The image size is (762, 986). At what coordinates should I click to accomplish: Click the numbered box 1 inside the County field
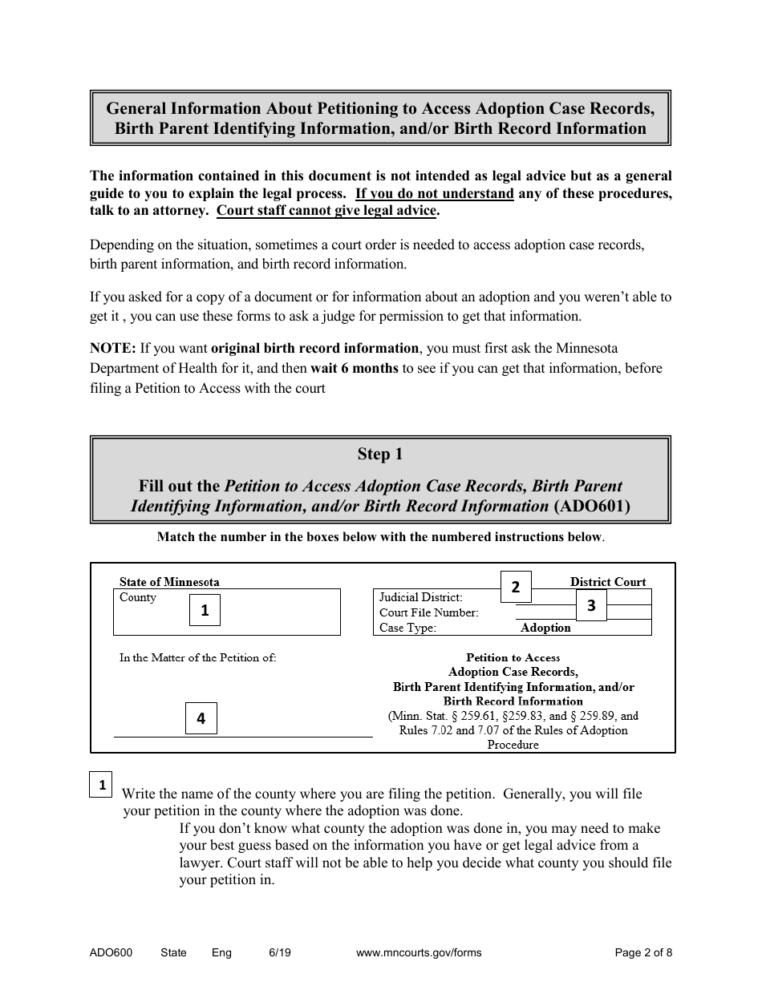(x=205, y=610)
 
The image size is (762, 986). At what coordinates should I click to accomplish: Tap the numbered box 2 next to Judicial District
(x=516, y=587)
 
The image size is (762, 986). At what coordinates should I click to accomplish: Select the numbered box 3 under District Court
(x=591, y=605)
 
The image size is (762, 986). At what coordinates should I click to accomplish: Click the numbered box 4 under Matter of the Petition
(x=201, y=718)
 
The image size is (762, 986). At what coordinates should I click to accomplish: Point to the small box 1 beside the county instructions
(x=102, y=786)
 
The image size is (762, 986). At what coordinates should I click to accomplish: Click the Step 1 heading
(x=380, y=455)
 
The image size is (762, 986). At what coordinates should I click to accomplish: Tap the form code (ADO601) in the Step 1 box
(x=592, y=506)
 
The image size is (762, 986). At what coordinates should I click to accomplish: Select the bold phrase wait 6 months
(x=354, y=369)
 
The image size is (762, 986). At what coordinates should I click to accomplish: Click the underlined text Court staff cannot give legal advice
(x=327, y=211)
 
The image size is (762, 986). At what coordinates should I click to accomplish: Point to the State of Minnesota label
(x=169, y=582)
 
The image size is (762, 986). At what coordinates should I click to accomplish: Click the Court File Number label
(x=428, y=612)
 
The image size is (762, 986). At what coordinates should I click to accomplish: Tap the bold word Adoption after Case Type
(x=545, y=628)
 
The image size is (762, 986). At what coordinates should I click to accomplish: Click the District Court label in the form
(x=608, y=582)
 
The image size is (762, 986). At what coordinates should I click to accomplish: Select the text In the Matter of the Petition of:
(x=197, y=657)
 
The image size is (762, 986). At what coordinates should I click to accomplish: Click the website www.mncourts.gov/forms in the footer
(x=419, y=953)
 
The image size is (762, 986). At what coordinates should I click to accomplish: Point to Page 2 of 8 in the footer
(x=643, y=953)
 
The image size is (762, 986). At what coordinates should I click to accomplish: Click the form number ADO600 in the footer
(x=111, y=953)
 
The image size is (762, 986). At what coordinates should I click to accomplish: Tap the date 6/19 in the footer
(x=280, y=953)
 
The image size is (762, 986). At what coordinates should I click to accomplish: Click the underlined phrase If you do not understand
(x=434, y=193)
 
